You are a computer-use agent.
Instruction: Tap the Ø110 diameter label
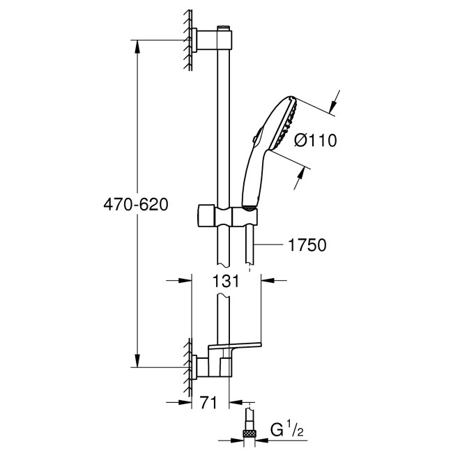(315, 141)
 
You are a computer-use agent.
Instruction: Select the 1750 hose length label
(307, 245)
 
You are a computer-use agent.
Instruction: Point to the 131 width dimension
(227, 281)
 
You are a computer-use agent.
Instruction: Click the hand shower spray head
(283, 125)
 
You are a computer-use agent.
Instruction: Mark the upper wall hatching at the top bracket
(189, 40)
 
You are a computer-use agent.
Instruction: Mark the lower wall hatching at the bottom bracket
(188, 366)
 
